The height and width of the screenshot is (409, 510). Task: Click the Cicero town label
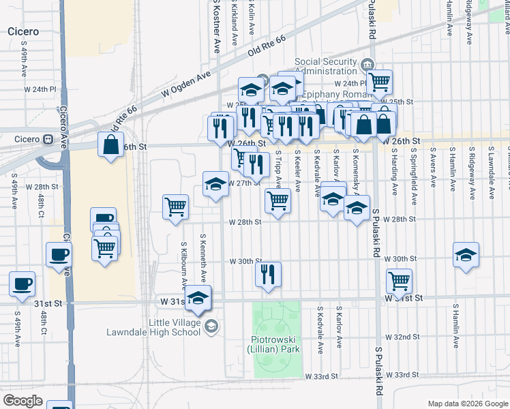[x=22, y=31]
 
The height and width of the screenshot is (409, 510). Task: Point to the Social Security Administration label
[x=326, y=67]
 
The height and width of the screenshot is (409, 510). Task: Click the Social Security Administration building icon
[x=369, y=63]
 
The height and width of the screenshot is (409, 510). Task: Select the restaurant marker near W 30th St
[x=268, y=273]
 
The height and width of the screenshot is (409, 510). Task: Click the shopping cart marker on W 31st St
[x=399, y=279]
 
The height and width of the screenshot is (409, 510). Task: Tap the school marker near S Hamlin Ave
[x=466, y=255]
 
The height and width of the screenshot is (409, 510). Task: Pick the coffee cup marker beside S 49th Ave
[x=22, y=283]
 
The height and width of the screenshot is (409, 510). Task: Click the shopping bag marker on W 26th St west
[x=110, y=145]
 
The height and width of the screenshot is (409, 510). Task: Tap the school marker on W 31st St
[x=198, y=298]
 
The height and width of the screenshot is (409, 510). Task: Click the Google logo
[x=22, y=401]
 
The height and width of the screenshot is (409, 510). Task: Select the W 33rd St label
[x=321, y=376]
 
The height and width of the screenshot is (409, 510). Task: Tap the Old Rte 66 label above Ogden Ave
[x=266, y=48]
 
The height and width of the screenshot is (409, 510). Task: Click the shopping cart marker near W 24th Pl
[x=379, y=82]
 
